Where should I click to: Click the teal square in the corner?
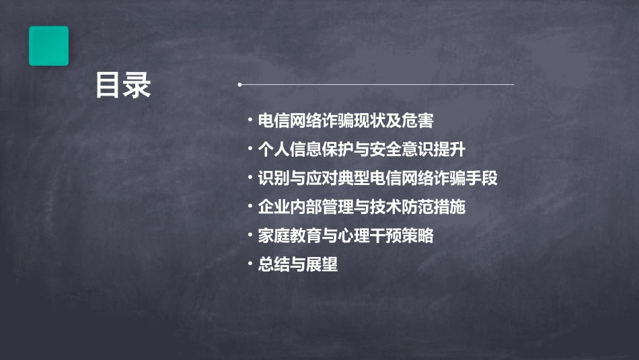[48, 46]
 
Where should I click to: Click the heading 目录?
[123, 85]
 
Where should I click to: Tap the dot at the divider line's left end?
[239, 85]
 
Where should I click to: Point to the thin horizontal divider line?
[377, 85]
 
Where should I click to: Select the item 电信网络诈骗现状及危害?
[345, 120]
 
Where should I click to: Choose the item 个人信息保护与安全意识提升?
[371, 149]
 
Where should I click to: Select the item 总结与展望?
[297, 265]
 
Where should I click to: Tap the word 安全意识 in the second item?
[418, 149]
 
